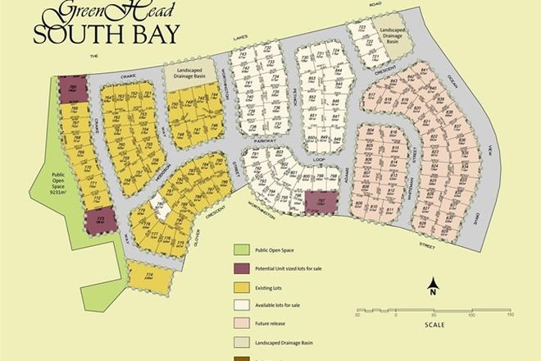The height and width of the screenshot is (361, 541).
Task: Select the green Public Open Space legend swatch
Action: pyautogui.click(x=241, y=250)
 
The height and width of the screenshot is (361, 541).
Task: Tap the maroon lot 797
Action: pyautogui.click(x=315, y=201)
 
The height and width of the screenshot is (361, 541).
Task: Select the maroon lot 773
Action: pyautogui.click(x=100, y=220)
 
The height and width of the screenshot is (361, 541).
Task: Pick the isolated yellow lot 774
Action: pyautogui.click(x=150, y=276)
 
